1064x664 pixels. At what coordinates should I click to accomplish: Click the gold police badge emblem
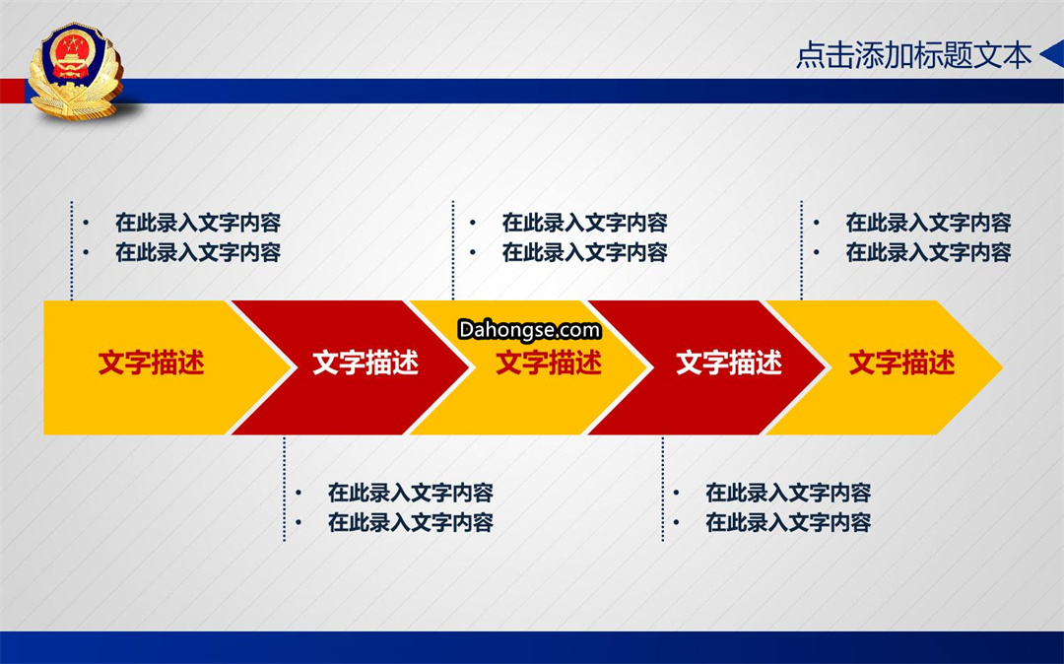click(76, 71)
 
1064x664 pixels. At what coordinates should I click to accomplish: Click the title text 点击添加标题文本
click(913, 55)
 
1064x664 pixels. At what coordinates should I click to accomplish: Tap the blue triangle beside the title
click(1052, 54)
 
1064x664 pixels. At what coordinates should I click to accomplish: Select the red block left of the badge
click(13, 91)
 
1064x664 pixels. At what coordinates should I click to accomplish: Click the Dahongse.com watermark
click(529, 330)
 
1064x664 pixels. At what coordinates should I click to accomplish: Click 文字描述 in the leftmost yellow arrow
click(152, 363)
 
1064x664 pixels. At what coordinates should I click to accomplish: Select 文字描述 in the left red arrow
click(366, 363)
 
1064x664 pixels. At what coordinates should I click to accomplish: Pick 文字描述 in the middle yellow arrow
click(549, 363)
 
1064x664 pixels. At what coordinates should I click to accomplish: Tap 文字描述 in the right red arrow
click(729, 363)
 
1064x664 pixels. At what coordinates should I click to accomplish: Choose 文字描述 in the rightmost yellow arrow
click(901, 363)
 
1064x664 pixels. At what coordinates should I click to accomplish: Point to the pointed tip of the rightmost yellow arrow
click(1002, 367)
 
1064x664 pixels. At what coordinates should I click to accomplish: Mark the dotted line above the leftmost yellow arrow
click(71, 250)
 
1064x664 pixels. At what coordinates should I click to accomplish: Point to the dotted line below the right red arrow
click(662, 489)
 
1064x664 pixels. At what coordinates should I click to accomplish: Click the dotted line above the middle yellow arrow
click(452, 250)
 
